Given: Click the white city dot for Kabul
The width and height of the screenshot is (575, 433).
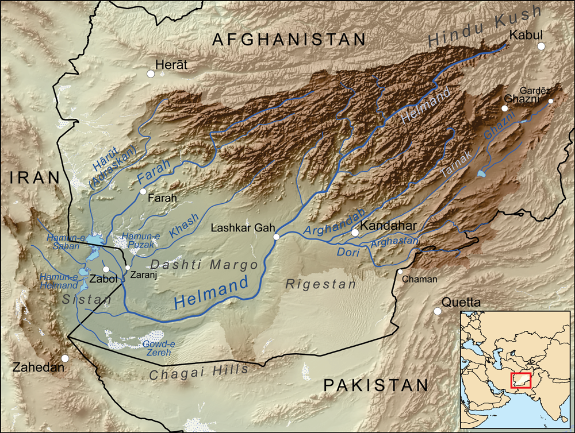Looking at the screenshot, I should point(540,46).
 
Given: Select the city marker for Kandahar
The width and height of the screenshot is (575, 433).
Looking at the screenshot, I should point(355,233).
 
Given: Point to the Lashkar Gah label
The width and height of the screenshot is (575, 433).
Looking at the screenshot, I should point(241,227).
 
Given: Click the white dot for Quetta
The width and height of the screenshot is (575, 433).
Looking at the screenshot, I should point(438,311).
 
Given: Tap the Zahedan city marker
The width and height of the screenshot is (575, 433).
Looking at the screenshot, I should point(65,358).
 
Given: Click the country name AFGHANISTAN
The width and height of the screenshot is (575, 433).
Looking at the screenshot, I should point(289,39).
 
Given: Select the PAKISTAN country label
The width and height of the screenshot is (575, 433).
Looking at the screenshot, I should point(376,385).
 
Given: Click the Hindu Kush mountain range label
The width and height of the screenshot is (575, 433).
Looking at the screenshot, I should point(485,25).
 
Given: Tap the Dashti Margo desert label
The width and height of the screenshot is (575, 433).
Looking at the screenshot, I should point(204,265).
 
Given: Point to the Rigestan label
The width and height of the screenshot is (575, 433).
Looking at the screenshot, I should point(321,284).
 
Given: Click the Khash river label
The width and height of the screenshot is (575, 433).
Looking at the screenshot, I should point(184,226).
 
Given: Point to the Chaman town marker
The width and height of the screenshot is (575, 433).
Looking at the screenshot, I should point(400,272).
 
